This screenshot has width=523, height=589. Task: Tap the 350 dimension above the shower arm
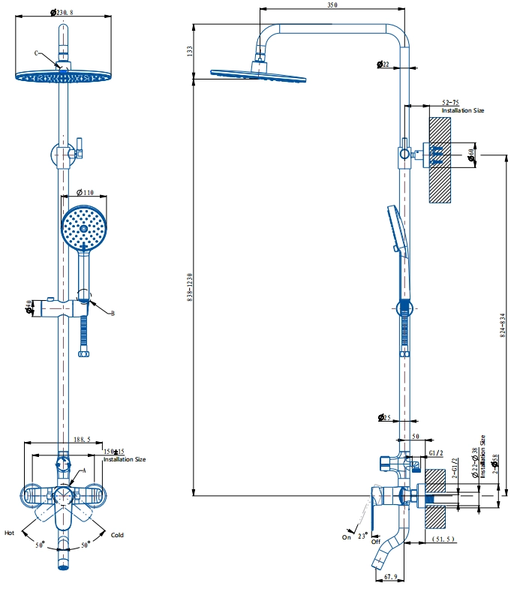tap(332, 5)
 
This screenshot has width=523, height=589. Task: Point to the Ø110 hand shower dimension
tap(85, 192)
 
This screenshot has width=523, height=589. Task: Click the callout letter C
tap(36, 53)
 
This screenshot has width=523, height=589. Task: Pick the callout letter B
tap(113, 314)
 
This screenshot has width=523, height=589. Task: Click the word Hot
tap(9, 533)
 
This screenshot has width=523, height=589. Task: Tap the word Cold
tap(117, 535)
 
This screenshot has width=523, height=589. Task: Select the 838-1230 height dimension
tap(191, 287)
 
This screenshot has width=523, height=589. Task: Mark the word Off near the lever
tap(375, 541)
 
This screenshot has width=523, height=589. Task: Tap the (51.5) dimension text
tap(444, 539)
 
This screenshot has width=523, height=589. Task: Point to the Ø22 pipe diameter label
tap(383, 65)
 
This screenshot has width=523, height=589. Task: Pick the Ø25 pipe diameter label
tap(383, 417)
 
